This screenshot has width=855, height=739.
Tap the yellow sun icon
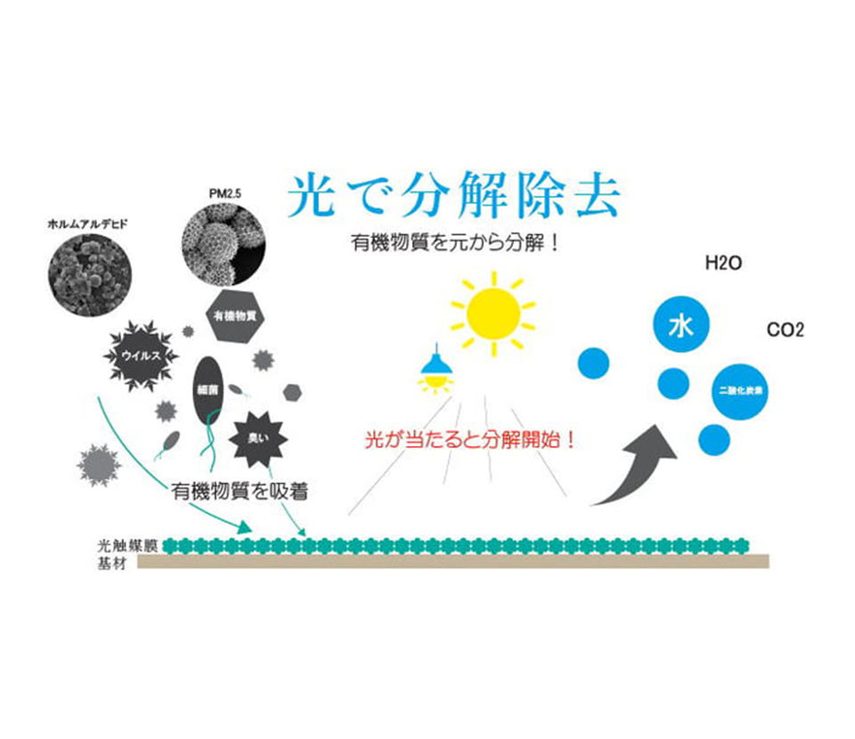(493, 313)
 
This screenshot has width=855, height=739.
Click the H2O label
(723, 264)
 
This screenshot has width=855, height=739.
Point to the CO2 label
(786, 330)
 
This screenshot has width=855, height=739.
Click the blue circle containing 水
(680, 327)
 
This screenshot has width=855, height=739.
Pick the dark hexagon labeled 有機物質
(236, 315)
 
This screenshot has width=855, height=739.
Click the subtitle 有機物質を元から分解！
(455, 242)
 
